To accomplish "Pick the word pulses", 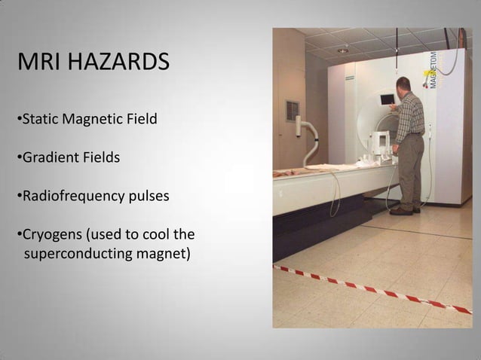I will (x=149, y=197).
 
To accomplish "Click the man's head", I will (x=403, y=84).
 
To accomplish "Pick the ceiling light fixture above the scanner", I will (x=343, y=50).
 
